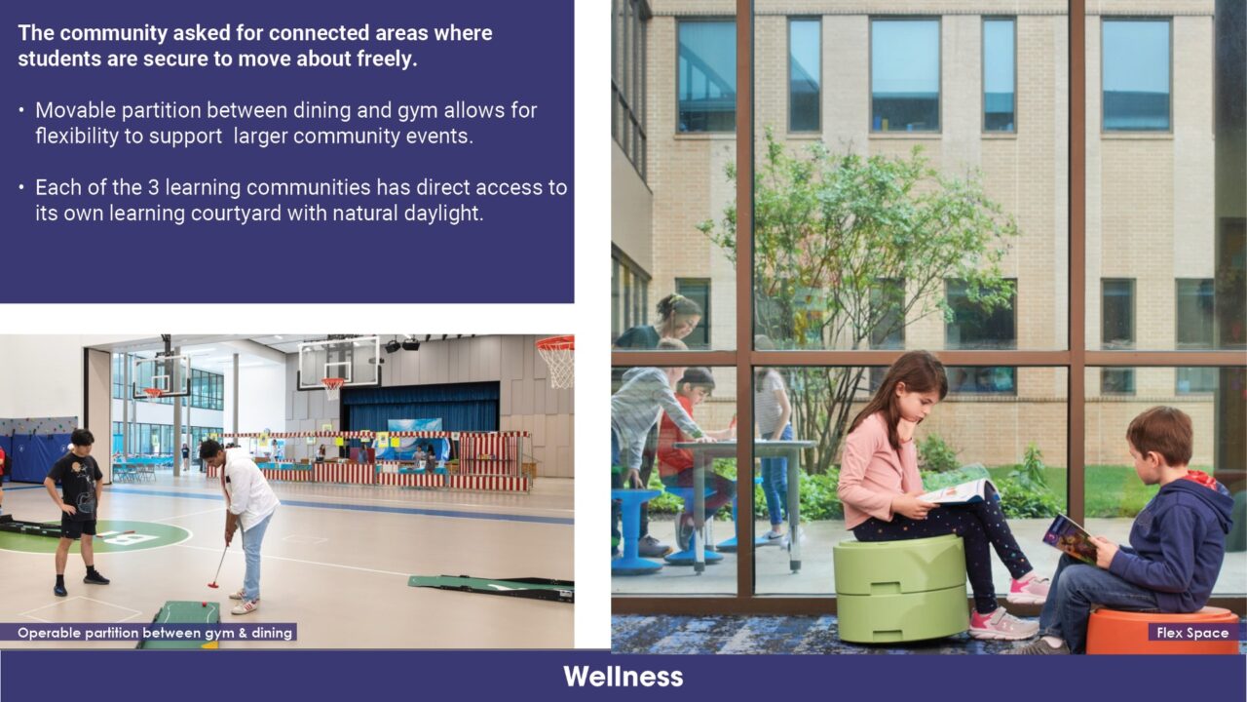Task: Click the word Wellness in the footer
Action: [x=623, y=677]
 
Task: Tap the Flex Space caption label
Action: [x=1192, y=633]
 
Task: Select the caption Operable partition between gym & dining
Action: [x=155, y=633]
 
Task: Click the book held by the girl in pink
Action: [x=961, y=491]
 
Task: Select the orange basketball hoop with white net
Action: [x=556, y=358]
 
